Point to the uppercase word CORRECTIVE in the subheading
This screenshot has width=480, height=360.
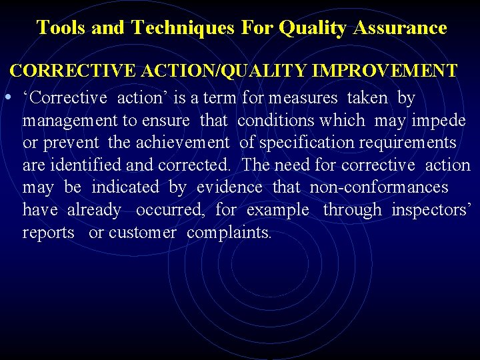point(58,71)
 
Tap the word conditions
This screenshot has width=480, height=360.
point(301,121)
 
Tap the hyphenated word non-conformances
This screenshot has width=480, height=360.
point(379,187)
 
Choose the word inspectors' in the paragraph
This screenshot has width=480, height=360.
point(431,210)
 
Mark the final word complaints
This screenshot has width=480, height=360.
point(229,233)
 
